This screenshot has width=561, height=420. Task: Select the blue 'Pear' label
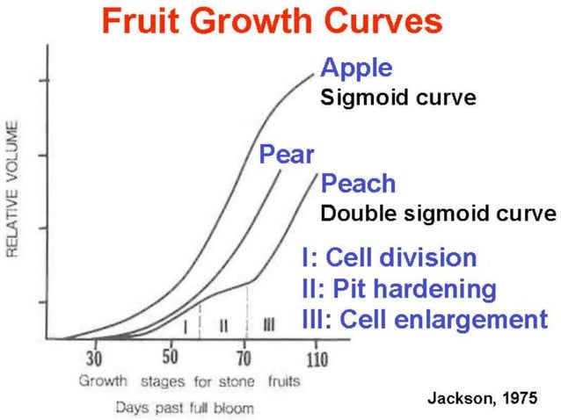tap(287, 156)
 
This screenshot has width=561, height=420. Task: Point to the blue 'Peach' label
tap(358, 184)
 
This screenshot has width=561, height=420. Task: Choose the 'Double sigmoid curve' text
tap(438, 213)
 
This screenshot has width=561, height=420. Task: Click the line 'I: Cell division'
tap(389, 257)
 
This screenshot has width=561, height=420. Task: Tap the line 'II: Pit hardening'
tap(398, 288)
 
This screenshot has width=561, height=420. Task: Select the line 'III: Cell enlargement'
tap(424, 318)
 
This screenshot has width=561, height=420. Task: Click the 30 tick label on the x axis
tap(95, 358)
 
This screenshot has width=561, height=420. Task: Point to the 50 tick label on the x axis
tap(170, 358)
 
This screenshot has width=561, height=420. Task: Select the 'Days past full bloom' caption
tap(183, 407)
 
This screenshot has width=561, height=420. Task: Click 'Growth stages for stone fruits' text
tap(189, 381)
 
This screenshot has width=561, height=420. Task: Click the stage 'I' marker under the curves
tap(185, 326)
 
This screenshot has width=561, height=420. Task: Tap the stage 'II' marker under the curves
tap(223, 326)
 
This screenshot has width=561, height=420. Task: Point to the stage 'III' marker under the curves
tap(269, 326)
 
